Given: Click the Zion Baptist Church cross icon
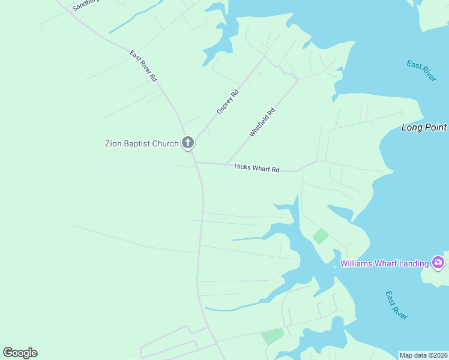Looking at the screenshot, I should (x=188, y=143).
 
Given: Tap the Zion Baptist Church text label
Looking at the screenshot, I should (x=142, y=143).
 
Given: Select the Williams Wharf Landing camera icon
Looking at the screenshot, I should (x=438, y=262).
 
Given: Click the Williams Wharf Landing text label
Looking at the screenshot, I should (x=384, y=263).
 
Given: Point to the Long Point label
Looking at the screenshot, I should (x=424, y=127).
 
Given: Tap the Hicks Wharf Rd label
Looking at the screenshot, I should (x=257, y=169).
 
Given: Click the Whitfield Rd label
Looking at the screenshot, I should (x=262, y=122).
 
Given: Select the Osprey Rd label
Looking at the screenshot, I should (x=228, y=102).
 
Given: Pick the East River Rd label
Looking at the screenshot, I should (x=143, y=66).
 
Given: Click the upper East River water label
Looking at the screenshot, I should (x=421, y=71).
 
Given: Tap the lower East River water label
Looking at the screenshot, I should (x=397, y=305).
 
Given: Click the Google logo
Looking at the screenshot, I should (x=20, y=353).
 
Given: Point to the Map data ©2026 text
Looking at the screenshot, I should (x=423, y=355).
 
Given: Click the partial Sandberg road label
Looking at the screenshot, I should (x=85, y=5).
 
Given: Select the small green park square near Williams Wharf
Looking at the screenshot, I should (x=321, y=236).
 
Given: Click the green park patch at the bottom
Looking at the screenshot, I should (x=273, y=336).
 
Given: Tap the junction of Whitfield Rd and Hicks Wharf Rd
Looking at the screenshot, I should (x=226, y=164).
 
